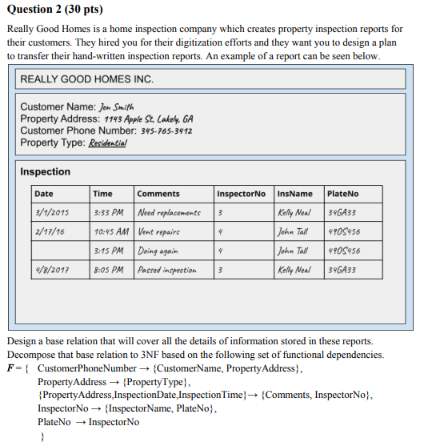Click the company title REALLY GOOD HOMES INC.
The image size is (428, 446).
tap(86, 79)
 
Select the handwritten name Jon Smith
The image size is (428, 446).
tap(117, 106)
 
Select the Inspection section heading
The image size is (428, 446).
tap(45, 171)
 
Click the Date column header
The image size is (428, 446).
tap(44, 194)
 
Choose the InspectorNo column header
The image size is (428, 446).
tap(241, 194)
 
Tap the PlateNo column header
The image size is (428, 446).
tap(343, 194)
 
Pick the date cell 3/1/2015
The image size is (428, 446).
tap(51, 213)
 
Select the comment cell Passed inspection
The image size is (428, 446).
tap(167, 271)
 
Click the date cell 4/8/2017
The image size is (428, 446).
tap(51, 271)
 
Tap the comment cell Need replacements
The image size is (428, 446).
tap(168, 213)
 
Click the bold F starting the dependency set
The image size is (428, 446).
tap(10, 368)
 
